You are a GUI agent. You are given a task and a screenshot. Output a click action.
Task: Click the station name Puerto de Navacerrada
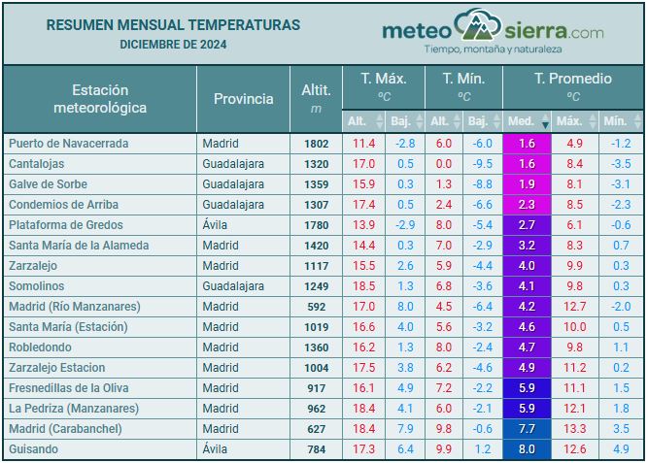coord(68,144)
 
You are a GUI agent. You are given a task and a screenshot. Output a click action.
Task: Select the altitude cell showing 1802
coord(316,144)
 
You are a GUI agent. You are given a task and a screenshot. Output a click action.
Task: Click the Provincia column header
coord(243,99)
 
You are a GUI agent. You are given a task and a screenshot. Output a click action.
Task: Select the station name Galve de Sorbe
coord(48,184)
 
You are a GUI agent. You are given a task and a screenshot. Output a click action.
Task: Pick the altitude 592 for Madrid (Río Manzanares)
coord(317,307)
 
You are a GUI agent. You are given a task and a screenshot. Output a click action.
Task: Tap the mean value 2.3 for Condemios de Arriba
coord(527,205)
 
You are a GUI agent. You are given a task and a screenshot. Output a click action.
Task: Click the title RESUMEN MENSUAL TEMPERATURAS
coord(173,25)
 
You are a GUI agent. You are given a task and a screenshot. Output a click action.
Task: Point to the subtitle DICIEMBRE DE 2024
coord(173,45)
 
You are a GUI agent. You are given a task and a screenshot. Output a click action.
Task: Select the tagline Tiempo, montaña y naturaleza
coord(493,49)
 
